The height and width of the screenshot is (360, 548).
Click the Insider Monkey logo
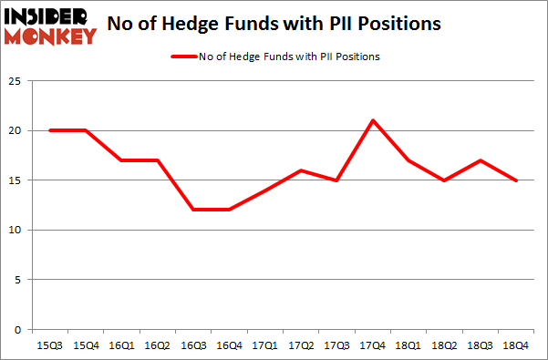[49, 25]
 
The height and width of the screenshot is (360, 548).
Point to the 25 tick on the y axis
[15, 81]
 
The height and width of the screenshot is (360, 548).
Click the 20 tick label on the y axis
[15, 130]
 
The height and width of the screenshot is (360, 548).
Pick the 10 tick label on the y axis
[15, 230]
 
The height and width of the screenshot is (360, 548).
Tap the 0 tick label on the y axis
[17, 329]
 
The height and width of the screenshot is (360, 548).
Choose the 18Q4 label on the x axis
[517, 346]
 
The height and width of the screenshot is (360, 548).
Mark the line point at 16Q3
[194, 210]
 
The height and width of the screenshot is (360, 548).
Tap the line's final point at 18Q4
[517, 180]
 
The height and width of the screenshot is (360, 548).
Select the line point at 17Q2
[302, 170]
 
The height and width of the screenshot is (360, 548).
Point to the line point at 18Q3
[481, 160]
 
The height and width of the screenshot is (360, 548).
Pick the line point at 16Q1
[122, 160]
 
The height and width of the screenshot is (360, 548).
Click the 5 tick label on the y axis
[17, 280]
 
